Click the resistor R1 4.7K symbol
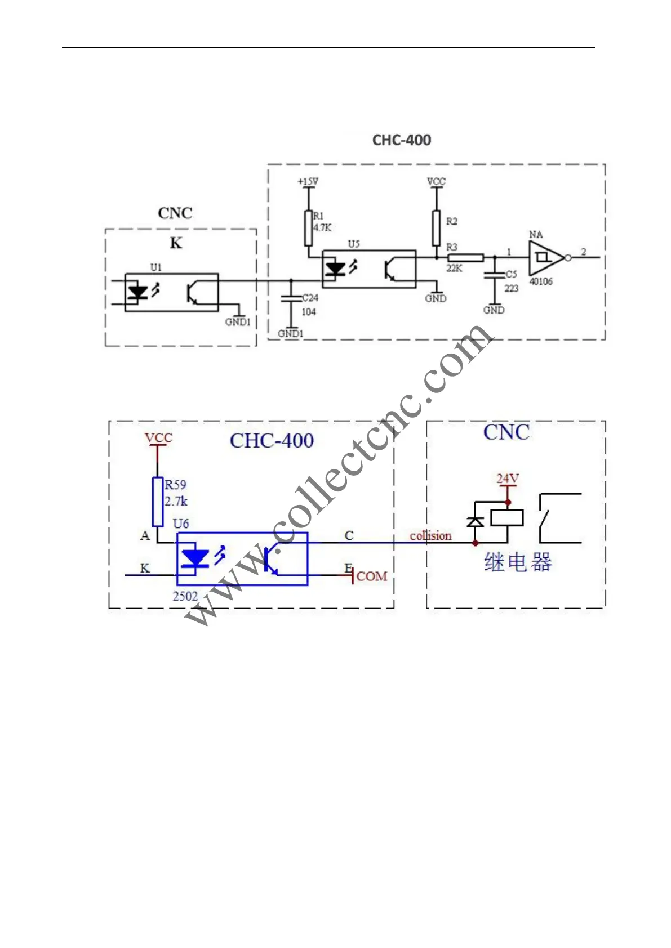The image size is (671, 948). [x=308, y=228]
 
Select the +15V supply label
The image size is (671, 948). [x=308, y=182]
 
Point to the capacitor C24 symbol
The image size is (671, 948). [x=291, y=298]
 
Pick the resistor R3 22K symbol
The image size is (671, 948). [x=465, y=258]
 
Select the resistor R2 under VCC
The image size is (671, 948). [x=436, y=228]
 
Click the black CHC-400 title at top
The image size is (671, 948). [x=402, y=140]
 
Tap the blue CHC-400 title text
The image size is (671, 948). [x=272, y=440]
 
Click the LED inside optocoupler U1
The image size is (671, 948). [x=137, y=292]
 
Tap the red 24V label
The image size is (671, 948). [x=508, y=479]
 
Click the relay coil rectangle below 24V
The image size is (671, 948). [x=507, y=518]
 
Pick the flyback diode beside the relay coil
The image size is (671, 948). [x=476, y=522]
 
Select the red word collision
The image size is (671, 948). [x=430, y=536]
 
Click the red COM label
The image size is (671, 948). [x=372, y=576]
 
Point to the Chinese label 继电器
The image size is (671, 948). [x=518, y=562]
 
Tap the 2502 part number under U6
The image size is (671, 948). [x=185, y=596]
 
